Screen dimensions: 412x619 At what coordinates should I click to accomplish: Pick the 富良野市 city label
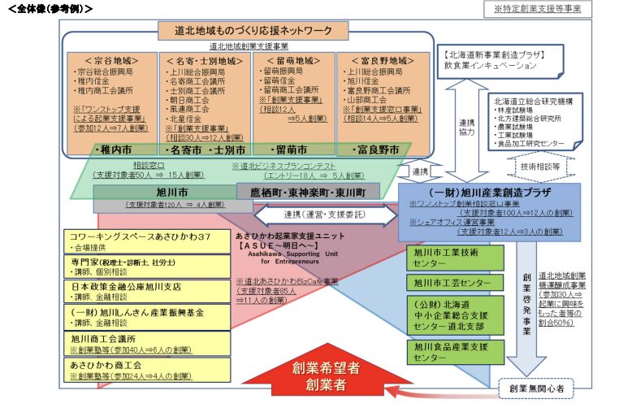coord(376,150)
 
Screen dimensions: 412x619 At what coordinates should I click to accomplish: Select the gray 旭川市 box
coord(163,192)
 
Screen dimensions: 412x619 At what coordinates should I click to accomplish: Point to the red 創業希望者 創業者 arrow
coord(326,375)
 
